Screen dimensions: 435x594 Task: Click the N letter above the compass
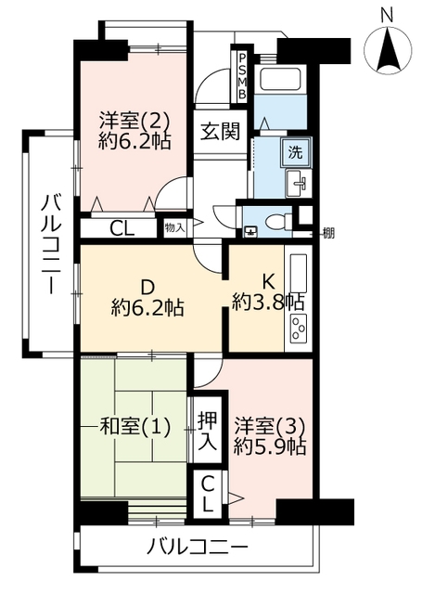[x=387, y=16]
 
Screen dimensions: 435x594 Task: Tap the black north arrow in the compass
[x=388, y=49]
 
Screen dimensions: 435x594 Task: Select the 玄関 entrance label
[x=221, y=132]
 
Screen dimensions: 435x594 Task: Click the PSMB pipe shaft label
[x=241, y=75]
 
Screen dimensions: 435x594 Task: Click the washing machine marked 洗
[x=296, y=152]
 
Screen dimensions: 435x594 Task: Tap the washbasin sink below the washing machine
[x=299, y=184]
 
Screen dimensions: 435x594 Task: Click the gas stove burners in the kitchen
[x=299, y=329]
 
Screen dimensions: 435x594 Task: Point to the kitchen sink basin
[x=299, y=275]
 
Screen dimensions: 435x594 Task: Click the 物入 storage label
[x=175, y=227]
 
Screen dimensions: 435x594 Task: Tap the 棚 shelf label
[x=327, y=233]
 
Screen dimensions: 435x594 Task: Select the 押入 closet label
[x=208, y=431]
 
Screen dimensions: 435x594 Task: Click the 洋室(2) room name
[x=134, y=120]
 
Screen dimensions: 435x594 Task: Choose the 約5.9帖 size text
[x=270, y=447]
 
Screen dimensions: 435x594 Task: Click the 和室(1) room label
[x=134, y=427]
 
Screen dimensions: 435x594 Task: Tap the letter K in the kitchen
[x=268, y=282]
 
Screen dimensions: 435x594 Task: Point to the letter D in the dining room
[x=147, y=287]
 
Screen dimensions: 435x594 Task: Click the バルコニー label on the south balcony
[x=197, y=547]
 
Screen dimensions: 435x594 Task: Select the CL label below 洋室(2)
[x=122, y=228]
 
